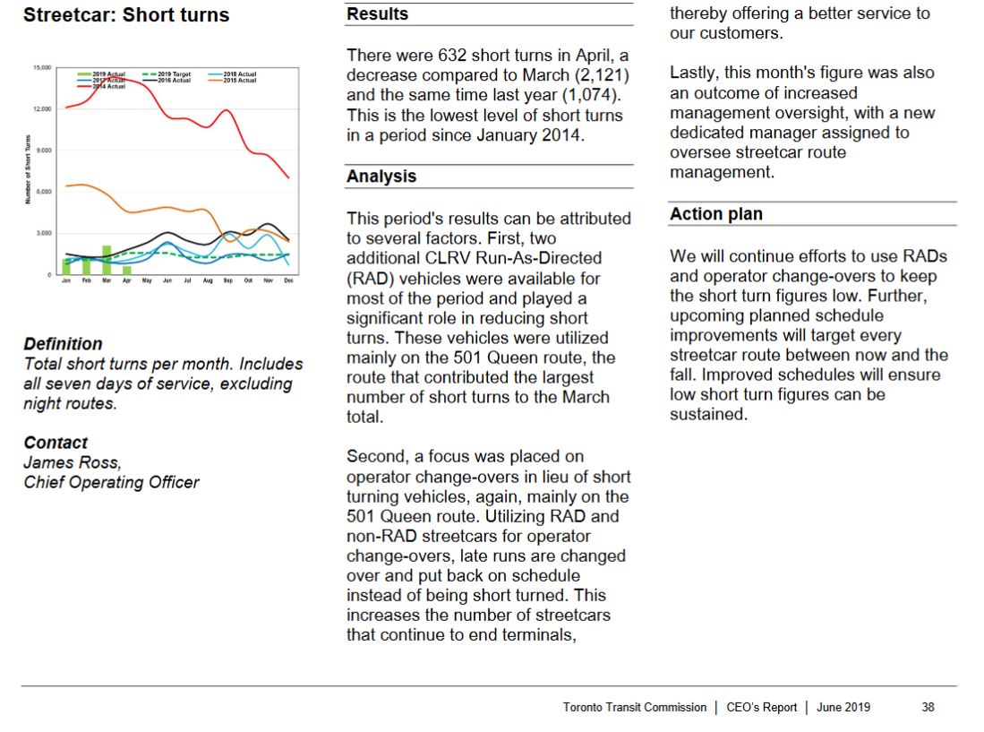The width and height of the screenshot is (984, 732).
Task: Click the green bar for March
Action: pos(107,260)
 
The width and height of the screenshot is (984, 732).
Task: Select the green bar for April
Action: pos(127,270)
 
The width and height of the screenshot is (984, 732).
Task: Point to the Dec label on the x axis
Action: pos(288,280)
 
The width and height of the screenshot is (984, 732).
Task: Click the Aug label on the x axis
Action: pos(208,280)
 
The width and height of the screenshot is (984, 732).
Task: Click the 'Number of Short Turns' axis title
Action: pos(29,170)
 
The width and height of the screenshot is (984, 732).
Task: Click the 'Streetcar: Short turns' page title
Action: pos(126,15)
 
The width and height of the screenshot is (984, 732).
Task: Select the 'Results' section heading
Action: pos(377,14)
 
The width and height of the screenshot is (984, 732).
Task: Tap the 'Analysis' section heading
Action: pos(381,177)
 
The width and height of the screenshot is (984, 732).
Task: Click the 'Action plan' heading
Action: pos(716,214)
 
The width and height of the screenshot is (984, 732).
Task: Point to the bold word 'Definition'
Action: pos(63,344)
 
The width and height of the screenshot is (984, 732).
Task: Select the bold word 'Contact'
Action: pos(56,443)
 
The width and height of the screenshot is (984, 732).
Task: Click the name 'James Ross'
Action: pos(71,462)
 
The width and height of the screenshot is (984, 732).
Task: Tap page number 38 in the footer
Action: pos(928,707)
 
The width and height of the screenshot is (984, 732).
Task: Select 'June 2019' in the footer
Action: pos(843,707)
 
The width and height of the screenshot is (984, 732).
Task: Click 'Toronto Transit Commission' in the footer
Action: pos(635,707)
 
